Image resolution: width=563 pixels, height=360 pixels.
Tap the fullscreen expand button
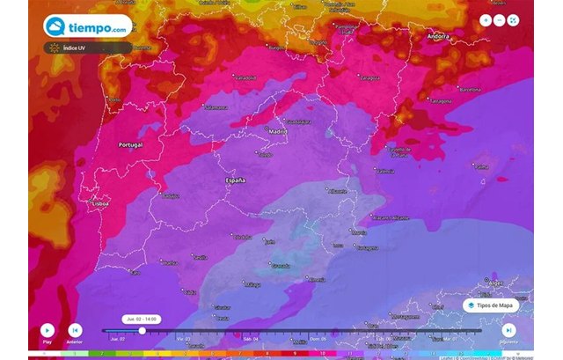click(514, 20)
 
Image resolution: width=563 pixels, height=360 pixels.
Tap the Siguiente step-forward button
click(508, 330)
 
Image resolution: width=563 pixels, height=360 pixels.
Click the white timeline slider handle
click(143, 331)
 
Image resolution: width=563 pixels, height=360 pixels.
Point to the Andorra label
click(437, 38)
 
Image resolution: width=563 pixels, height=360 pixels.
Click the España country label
click(236, 180)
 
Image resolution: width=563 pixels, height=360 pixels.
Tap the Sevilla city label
click(200, 257)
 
